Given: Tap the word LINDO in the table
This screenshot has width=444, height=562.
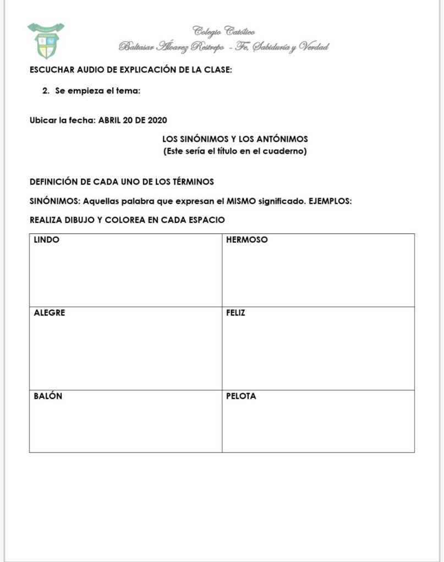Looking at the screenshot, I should (47, 240).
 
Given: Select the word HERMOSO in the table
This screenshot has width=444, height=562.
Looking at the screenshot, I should (246, 240).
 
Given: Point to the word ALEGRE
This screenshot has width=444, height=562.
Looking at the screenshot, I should (49, 313).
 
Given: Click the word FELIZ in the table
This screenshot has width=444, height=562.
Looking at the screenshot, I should (235, 313).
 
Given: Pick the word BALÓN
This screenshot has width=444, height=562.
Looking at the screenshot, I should (48, 396).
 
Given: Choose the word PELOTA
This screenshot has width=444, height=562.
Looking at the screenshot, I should (241, 396).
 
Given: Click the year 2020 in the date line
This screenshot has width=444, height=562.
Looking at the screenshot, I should (157, 120).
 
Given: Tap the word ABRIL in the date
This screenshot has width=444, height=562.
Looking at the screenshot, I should (109, 120).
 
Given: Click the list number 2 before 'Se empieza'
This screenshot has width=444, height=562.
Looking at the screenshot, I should (46, 91).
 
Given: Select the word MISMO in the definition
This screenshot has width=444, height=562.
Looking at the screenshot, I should (241, 201).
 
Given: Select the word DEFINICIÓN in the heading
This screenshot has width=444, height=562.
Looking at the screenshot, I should (57, 181).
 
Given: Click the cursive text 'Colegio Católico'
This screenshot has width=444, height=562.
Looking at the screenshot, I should (223, 31).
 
